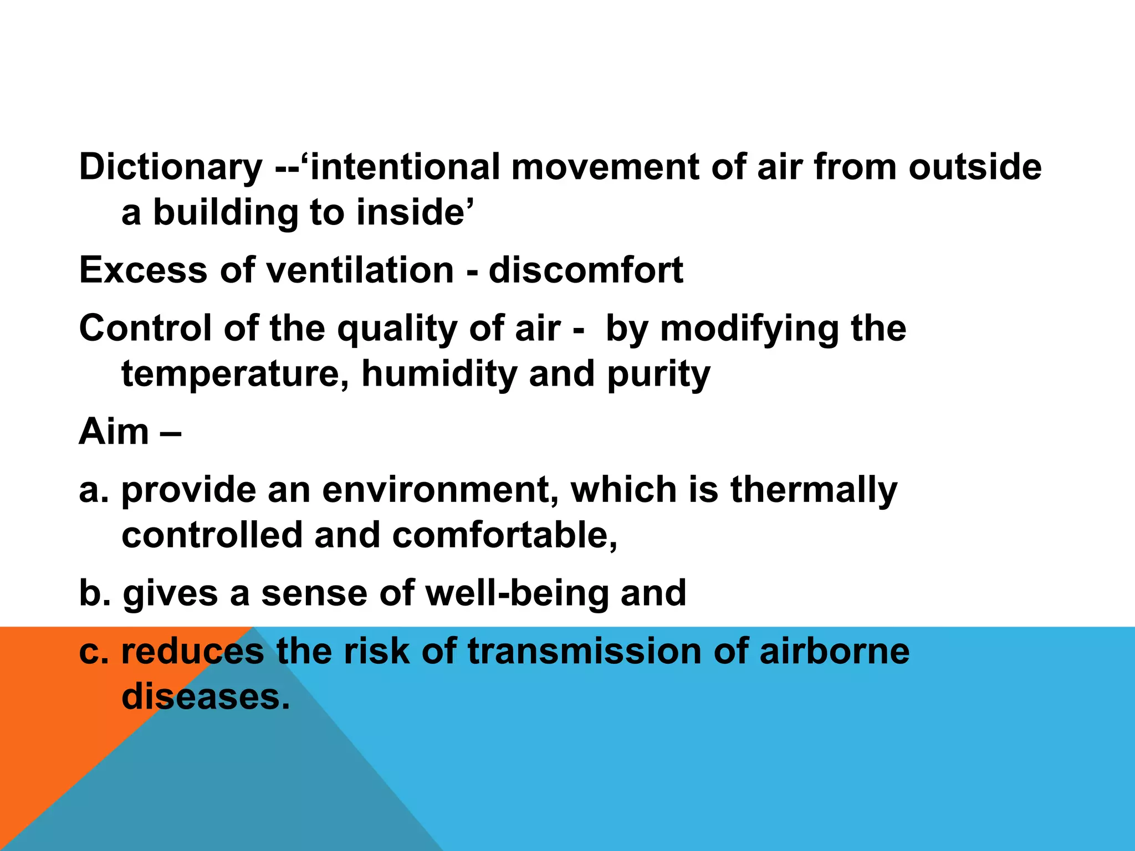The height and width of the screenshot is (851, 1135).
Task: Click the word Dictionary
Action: click(x=171, y=167)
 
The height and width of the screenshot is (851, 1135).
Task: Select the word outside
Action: click(x=975, y=167)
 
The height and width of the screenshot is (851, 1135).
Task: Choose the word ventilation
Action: click(x=360, y=270)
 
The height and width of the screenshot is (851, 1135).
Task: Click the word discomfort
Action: click(x=586, y=270)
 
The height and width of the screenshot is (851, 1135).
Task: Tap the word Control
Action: click(x=146, y=328)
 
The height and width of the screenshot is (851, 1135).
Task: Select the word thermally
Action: click(x=814, y=490)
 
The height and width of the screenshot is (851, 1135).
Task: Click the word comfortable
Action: click(x=504, y=536)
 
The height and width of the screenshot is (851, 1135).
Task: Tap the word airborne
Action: click(x=835, y=651)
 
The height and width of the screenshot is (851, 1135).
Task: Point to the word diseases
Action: click(x=205, y=696)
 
